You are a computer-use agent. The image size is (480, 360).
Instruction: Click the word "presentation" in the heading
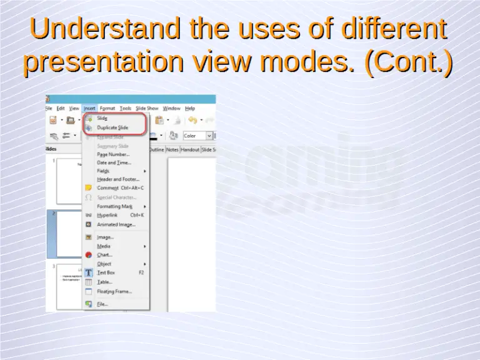coord(103,62)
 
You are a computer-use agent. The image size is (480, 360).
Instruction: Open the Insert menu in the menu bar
coord(89,108)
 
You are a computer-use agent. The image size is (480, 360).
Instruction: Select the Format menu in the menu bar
coord(107,108)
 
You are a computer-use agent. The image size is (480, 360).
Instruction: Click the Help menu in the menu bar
coord(190,108)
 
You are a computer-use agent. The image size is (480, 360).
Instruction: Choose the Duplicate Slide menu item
coord(112,127)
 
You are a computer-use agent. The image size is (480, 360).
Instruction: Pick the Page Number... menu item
coord(113,154)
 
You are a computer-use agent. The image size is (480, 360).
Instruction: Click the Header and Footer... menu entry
coord(118,179)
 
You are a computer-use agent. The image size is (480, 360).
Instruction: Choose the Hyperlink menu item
coord(107,215)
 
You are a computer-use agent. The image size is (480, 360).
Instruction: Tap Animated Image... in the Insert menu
coord(116,224)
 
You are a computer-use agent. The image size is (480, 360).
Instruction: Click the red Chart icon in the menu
coord(89,255)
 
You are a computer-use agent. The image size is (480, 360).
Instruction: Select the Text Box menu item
coord(106,272)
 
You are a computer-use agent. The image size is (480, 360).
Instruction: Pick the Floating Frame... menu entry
coord(114,291)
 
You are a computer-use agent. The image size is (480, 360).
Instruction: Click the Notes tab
coord(172,150)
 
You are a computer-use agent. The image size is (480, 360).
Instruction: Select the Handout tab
coord(190,150)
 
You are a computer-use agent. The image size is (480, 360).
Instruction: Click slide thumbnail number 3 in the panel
coord(69,286)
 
